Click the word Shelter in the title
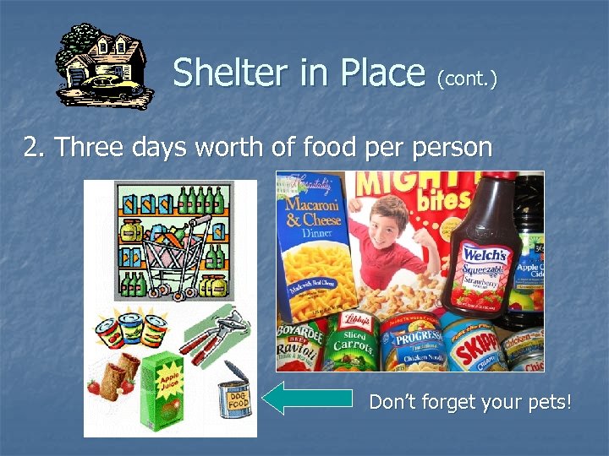tap(223, 73)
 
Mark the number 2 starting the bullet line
tap(32, 148)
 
